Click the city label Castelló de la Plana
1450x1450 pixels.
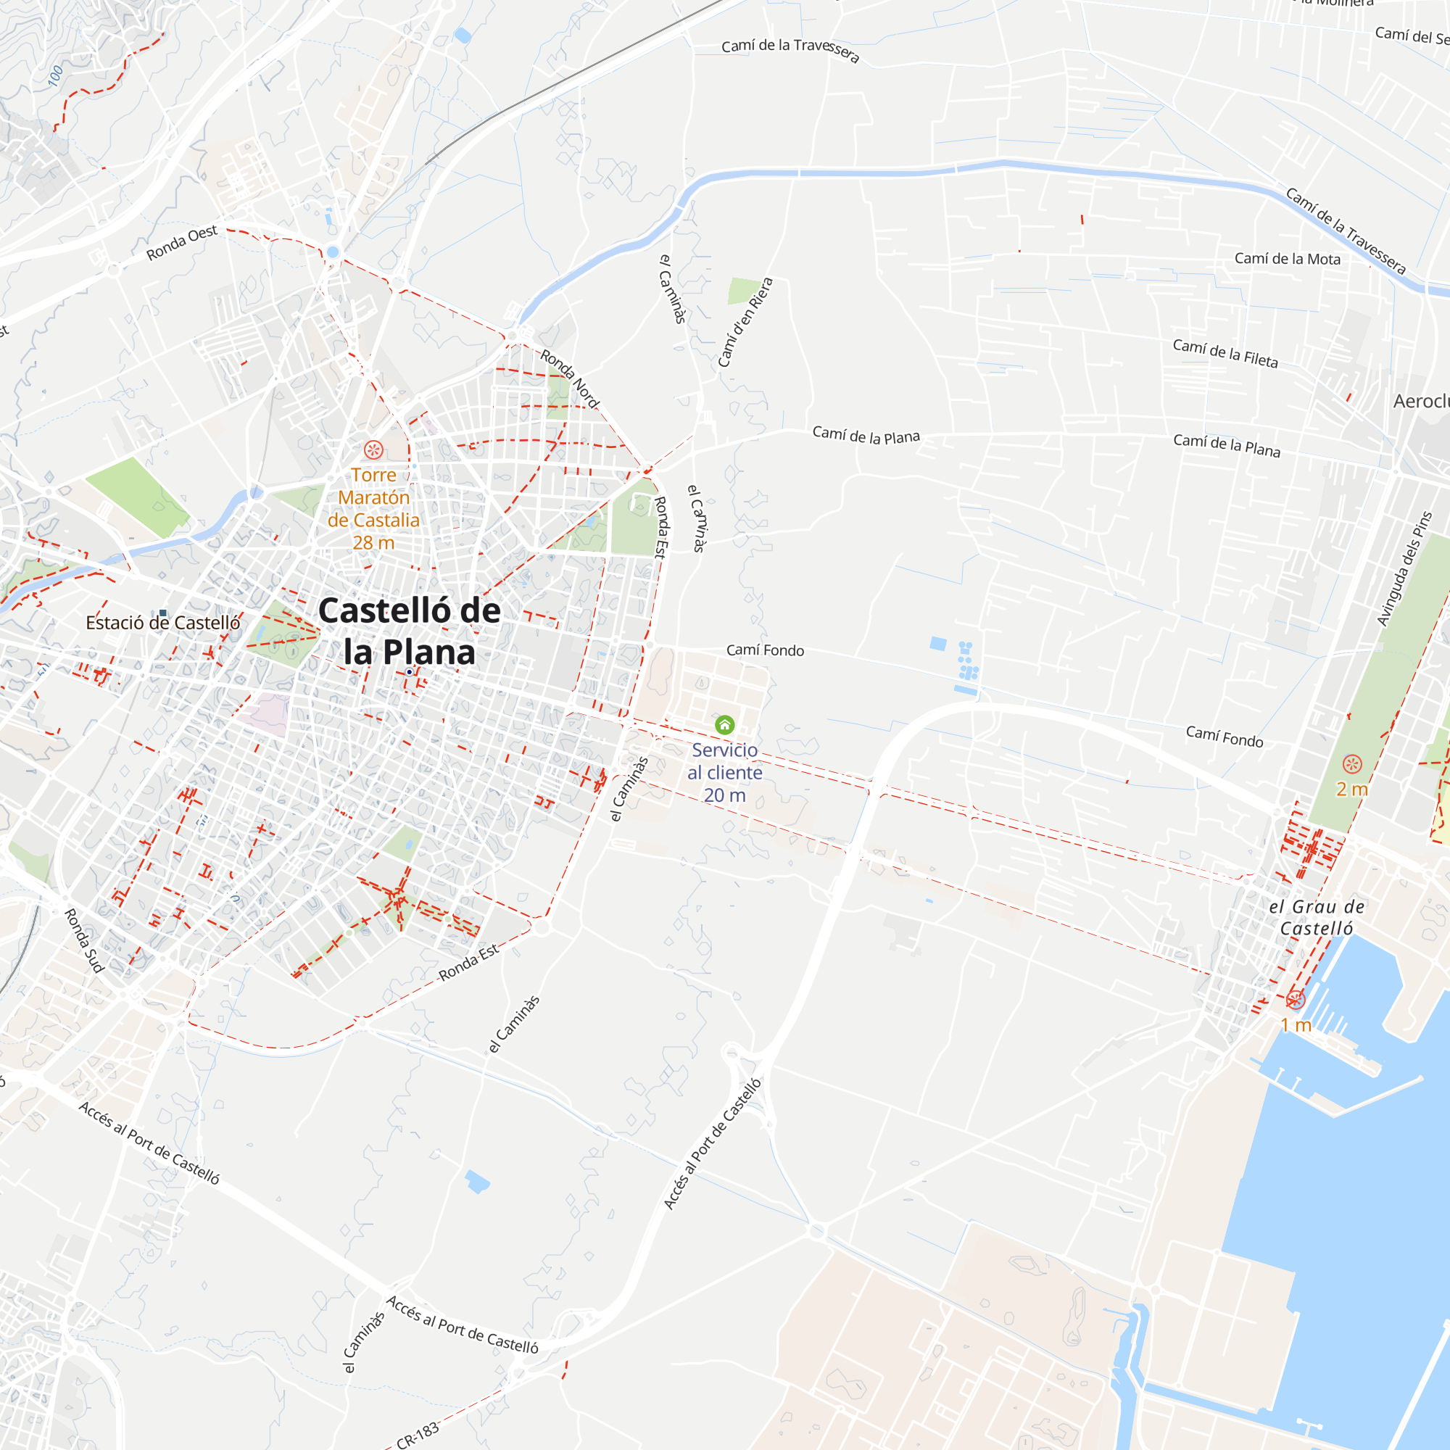coord(409,631)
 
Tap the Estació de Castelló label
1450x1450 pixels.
coord(163,623)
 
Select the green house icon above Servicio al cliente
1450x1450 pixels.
coord(724,725)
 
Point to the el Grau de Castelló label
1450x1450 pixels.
coord(1317,917)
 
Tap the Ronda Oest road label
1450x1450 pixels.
coord(182,243)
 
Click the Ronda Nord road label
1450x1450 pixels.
coord(570,379)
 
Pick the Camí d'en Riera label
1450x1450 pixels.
coord(745,323)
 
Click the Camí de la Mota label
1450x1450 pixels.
coord(1287,259)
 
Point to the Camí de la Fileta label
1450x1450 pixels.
coord(1225,353)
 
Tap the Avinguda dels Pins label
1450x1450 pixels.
coord(1404,569)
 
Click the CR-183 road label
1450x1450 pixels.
coord(418,1433)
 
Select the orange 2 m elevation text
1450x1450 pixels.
coord(1351,790)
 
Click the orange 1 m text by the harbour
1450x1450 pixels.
coord(1296,1025)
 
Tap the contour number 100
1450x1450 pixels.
coord(56,76)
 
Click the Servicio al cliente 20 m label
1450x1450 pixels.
coord(724,772)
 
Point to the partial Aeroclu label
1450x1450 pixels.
coord(1421,402)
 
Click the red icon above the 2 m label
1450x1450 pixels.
coord(1351,765)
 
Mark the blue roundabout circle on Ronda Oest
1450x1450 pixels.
coord(333,252)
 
